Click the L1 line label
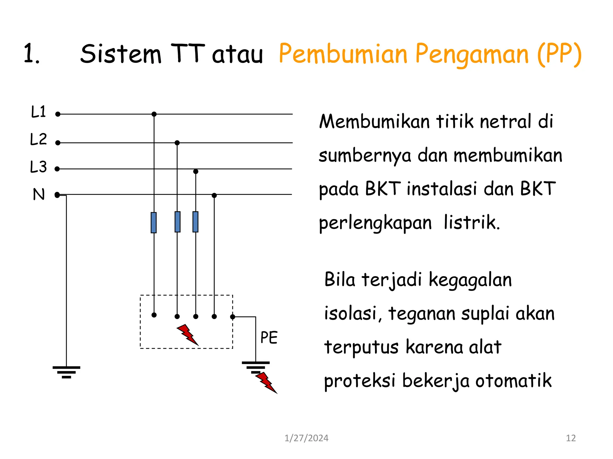pyautogui.click(x=39, y=112)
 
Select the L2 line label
pyautogui.click(x=39, y=139)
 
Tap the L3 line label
pyautogui.click(x=39, y=167)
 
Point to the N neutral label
pyautogui.click(x=39, y=194)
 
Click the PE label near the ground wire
pyautogui.click(x=269, y=338)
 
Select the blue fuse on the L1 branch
pyautogui.click(x=154, y=222)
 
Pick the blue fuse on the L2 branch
pyautogui.click(x=177, y=222)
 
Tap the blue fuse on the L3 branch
pyautogui.click(x=195, y=222)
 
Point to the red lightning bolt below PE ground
pyautogui.click(x=266, y=382)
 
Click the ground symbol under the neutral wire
pyautogui.click(x=66, y=372)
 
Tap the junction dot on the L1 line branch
pyautogui.click(x=154, y=114)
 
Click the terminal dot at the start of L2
pyautogui.click(x=58, y=143)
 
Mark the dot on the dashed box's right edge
pyautogui.click(x=233, y=317)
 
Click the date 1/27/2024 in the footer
pyautogui.click(x=306, y=438)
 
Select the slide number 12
pyautogui.click(x=571, y=438)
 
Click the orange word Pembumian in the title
pyautogui.click(x=343, y=54)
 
